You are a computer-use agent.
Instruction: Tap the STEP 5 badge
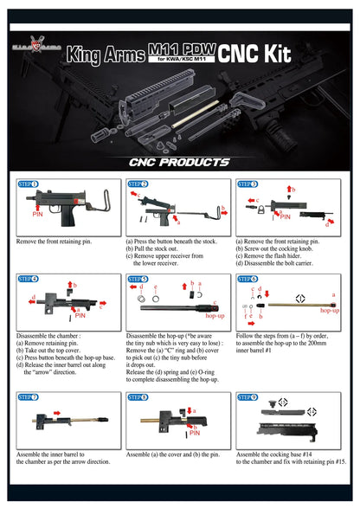point(138,280)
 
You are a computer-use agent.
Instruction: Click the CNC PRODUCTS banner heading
point(179,162)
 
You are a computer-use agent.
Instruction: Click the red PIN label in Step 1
point(38,212)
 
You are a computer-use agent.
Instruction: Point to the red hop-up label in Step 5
point(215,316)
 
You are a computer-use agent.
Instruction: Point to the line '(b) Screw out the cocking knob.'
point(280,248)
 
